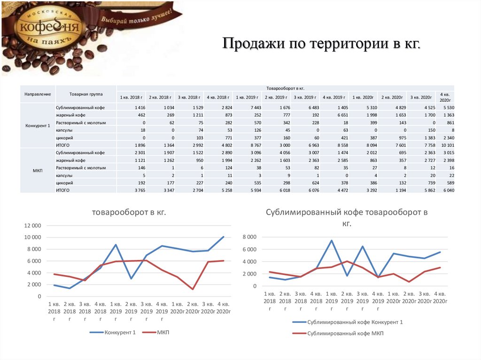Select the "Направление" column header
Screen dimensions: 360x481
click(x=38, y=94)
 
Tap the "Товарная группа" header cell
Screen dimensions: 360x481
click(x=85, y=94)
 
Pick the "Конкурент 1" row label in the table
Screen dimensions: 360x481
click(x=38, y=126)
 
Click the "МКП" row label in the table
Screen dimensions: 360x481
click(x=38, y=171)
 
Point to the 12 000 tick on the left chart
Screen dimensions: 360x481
click(x=32, y=225)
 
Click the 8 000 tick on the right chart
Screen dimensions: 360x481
click(x=250, y=237)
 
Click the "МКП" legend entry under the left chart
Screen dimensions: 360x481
click(x=163, y=332)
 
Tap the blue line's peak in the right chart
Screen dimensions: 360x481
click(x=331, y=240)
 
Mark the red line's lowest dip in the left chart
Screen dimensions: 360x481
click(x=193, y=289)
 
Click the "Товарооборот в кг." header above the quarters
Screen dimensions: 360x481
click(x=286, y=88)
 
